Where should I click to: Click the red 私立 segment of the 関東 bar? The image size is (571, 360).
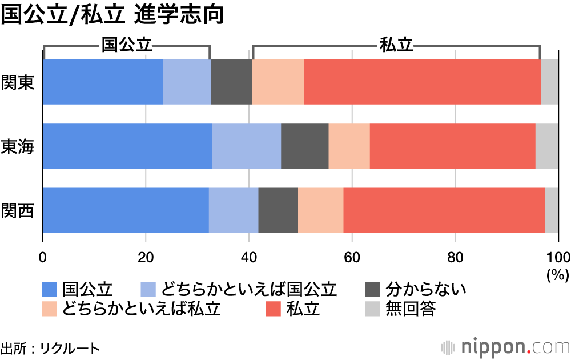coord(422,82)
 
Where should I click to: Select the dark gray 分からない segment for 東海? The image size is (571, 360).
coord(304,146)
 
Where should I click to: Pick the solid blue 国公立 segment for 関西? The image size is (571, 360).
coord(126,210)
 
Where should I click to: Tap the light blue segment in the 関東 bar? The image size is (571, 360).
coord(187,82)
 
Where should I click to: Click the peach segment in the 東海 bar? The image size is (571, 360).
coord(349,146)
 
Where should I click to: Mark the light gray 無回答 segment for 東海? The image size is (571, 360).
coord(546,146)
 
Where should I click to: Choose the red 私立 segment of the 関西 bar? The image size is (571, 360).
coord(444,210)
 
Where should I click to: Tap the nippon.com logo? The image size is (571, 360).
coord(505,347)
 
